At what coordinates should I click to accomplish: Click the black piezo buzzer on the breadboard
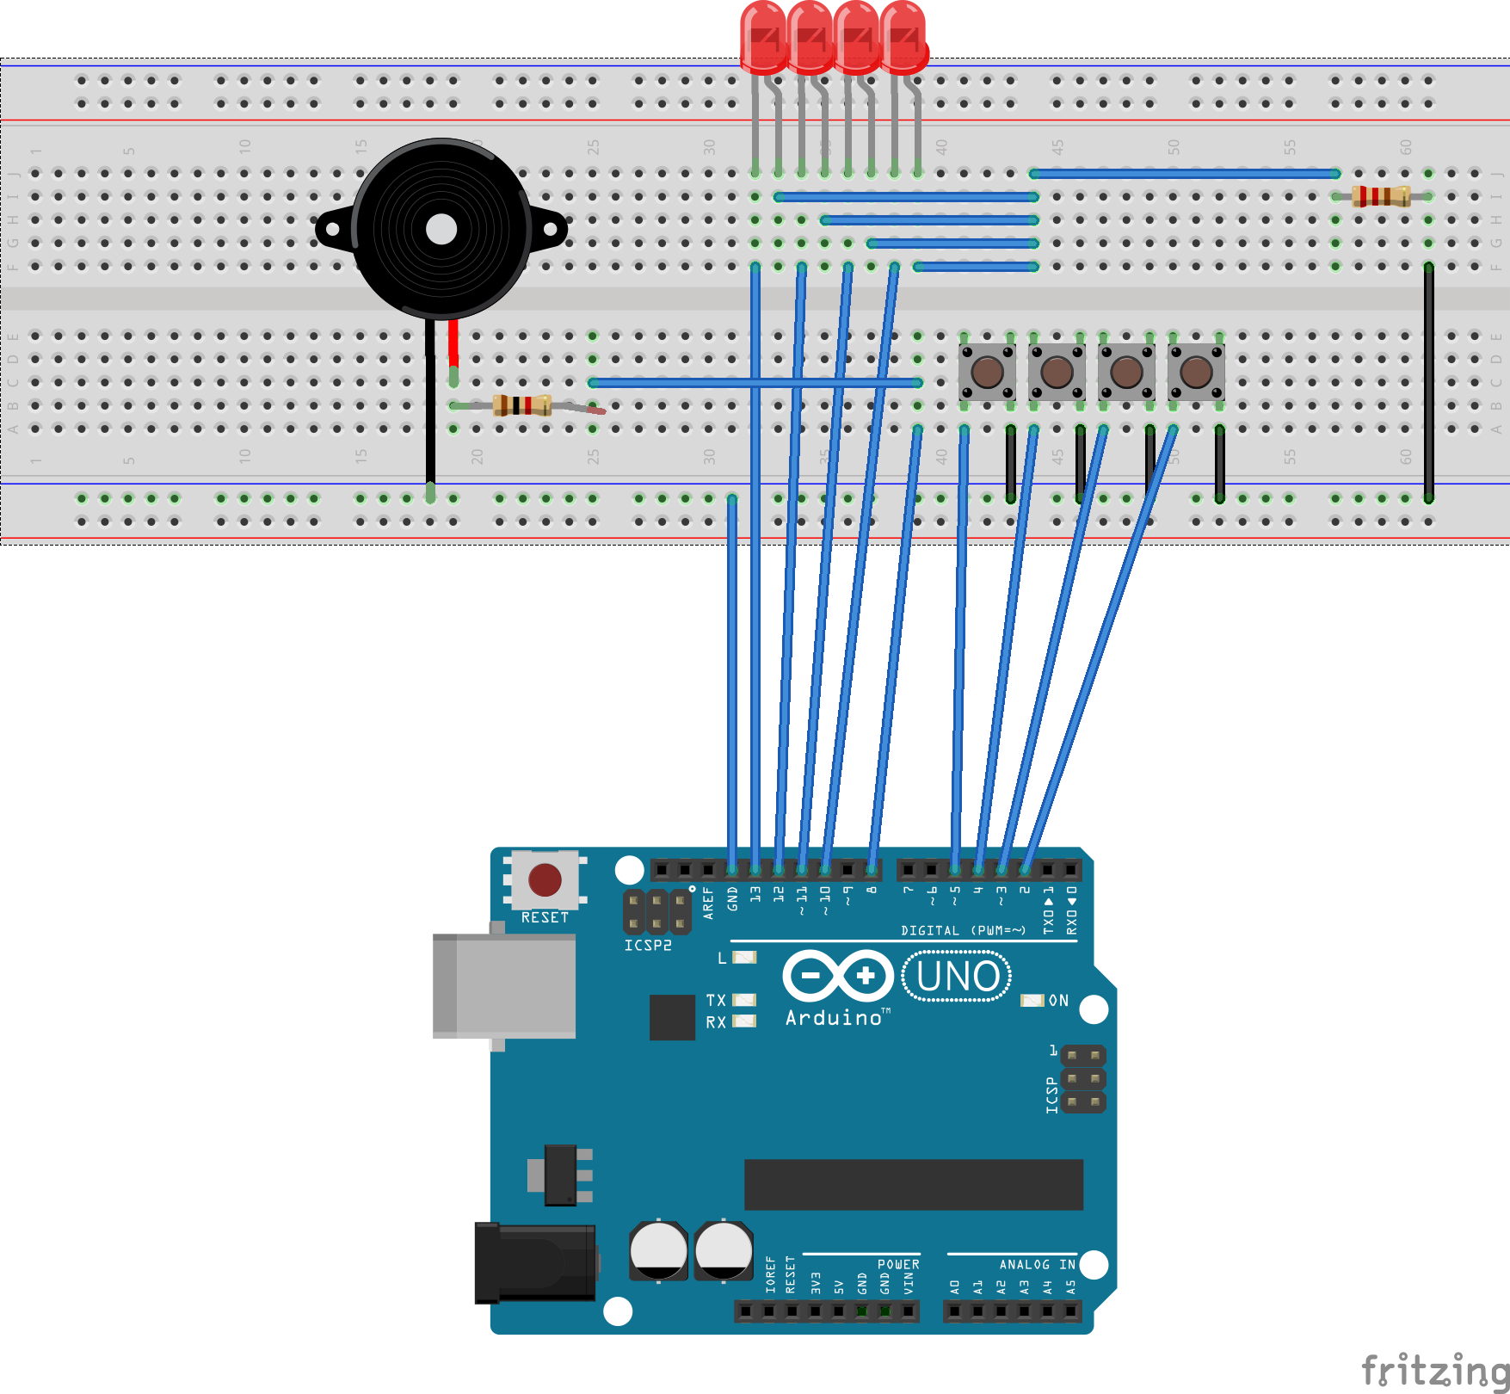pyautogui.click(x=441, y=229)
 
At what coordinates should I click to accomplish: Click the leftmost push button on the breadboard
pyautogui.click(x=987, y=372)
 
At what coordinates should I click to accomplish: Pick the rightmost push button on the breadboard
pyautogui.click(x=1196, y=372)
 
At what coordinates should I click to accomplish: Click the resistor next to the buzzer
pyautogui.click(x=522, y=404)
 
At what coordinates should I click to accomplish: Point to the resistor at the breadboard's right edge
pyautogui.click(x=1381, y=196)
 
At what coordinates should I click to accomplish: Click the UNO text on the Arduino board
pyautogui.click(x=958, y=977)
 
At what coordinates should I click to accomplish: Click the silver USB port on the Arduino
pyautogui.click(x=505, y=986)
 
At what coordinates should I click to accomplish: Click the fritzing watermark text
pyautogui.click(x=1435, y=1369)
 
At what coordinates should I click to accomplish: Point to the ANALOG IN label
pyautogui.click(x=1037, y=1264)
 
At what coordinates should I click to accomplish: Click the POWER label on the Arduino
pyautogui.click(x=898, y=1264)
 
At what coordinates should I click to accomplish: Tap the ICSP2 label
pyautogui.click(x=648, y=945)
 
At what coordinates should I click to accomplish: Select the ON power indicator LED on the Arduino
pyautogui.click(x=1032, y=1000)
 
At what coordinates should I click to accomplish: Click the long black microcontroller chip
pyautogui.click(x=913, y=1184)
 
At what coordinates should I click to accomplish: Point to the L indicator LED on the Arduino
pyautogui.click(x=744, y=957)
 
